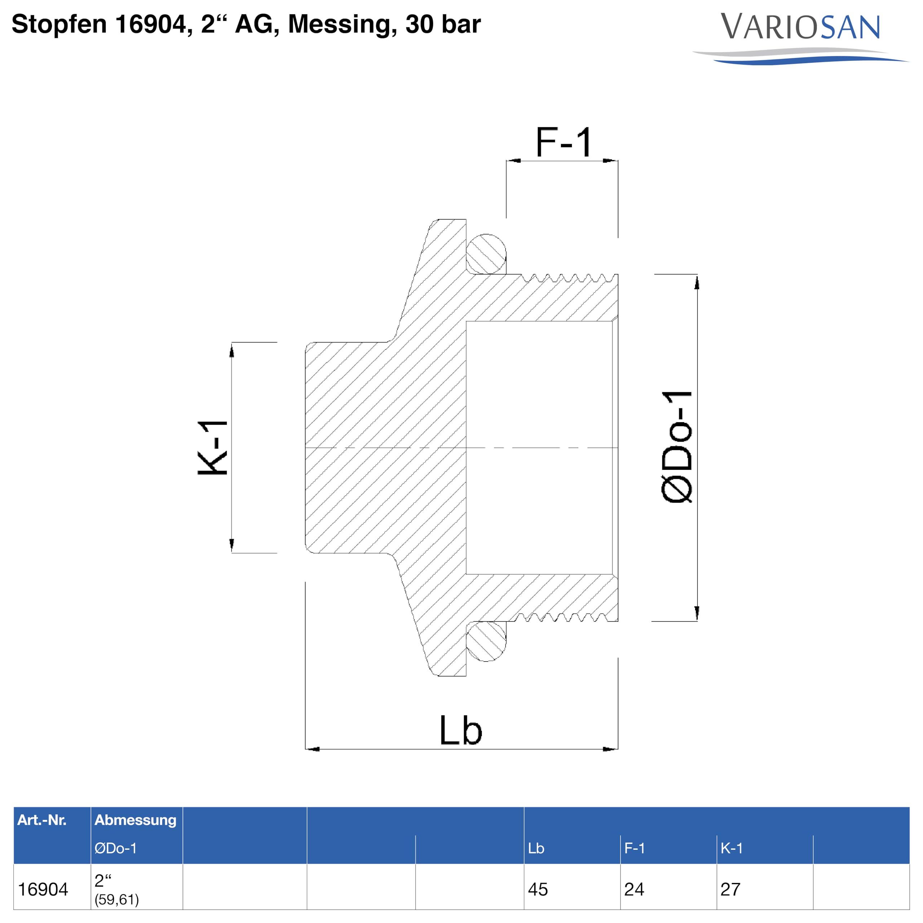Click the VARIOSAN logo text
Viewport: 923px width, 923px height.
coord(800,27)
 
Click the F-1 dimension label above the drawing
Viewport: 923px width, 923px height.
coord(564,142)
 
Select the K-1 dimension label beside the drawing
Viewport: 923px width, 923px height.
coord(213,448)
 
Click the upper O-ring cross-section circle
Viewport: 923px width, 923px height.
coord(486,254)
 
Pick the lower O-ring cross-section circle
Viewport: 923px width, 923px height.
coord(486,641)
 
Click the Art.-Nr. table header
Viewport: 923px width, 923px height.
coord(42,820)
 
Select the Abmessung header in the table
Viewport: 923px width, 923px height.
coord(135,820)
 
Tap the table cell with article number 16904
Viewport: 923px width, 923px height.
coord(43,889)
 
